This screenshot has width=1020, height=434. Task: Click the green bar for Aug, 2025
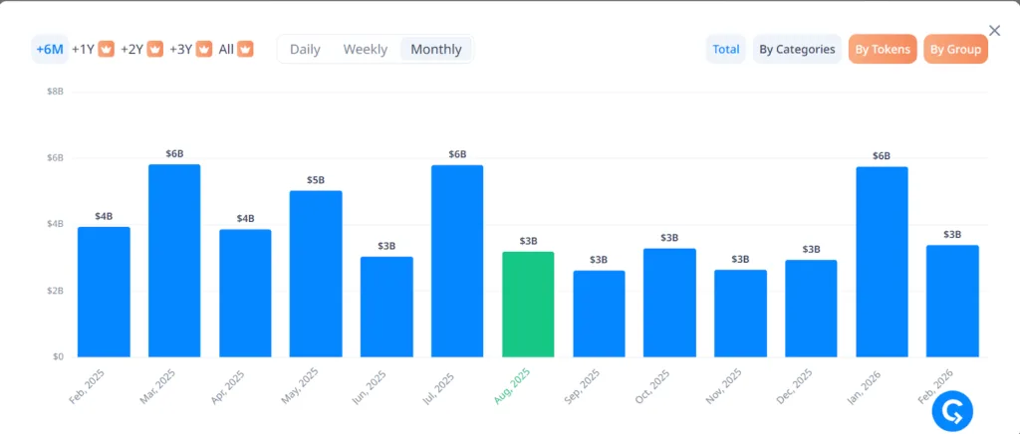528,304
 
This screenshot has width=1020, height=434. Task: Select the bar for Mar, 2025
174,260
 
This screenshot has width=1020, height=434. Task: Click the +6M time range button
50,49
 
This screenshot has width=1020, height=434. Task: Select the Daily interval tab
305,49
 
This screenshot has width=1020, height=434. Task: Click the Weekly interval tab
365,49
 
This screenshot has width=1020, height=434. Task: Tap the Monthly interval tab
436,49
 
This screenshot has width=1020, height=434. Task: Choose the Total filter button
726,49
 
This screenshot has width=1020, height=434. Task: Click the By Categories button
797,49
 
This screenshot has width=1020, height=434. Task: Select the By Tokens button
882,49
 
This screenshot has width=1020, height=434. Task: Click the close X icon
994,31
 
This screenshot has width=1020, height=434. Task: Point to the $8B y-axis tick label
56,92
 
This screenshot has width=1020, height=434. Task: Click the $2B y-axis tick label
56,291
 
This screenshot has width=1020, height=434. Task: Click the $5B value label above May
316,180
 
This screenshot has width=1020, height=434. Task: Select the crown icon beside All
245,49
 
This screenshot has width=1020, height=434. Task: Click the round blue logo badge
952,411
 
